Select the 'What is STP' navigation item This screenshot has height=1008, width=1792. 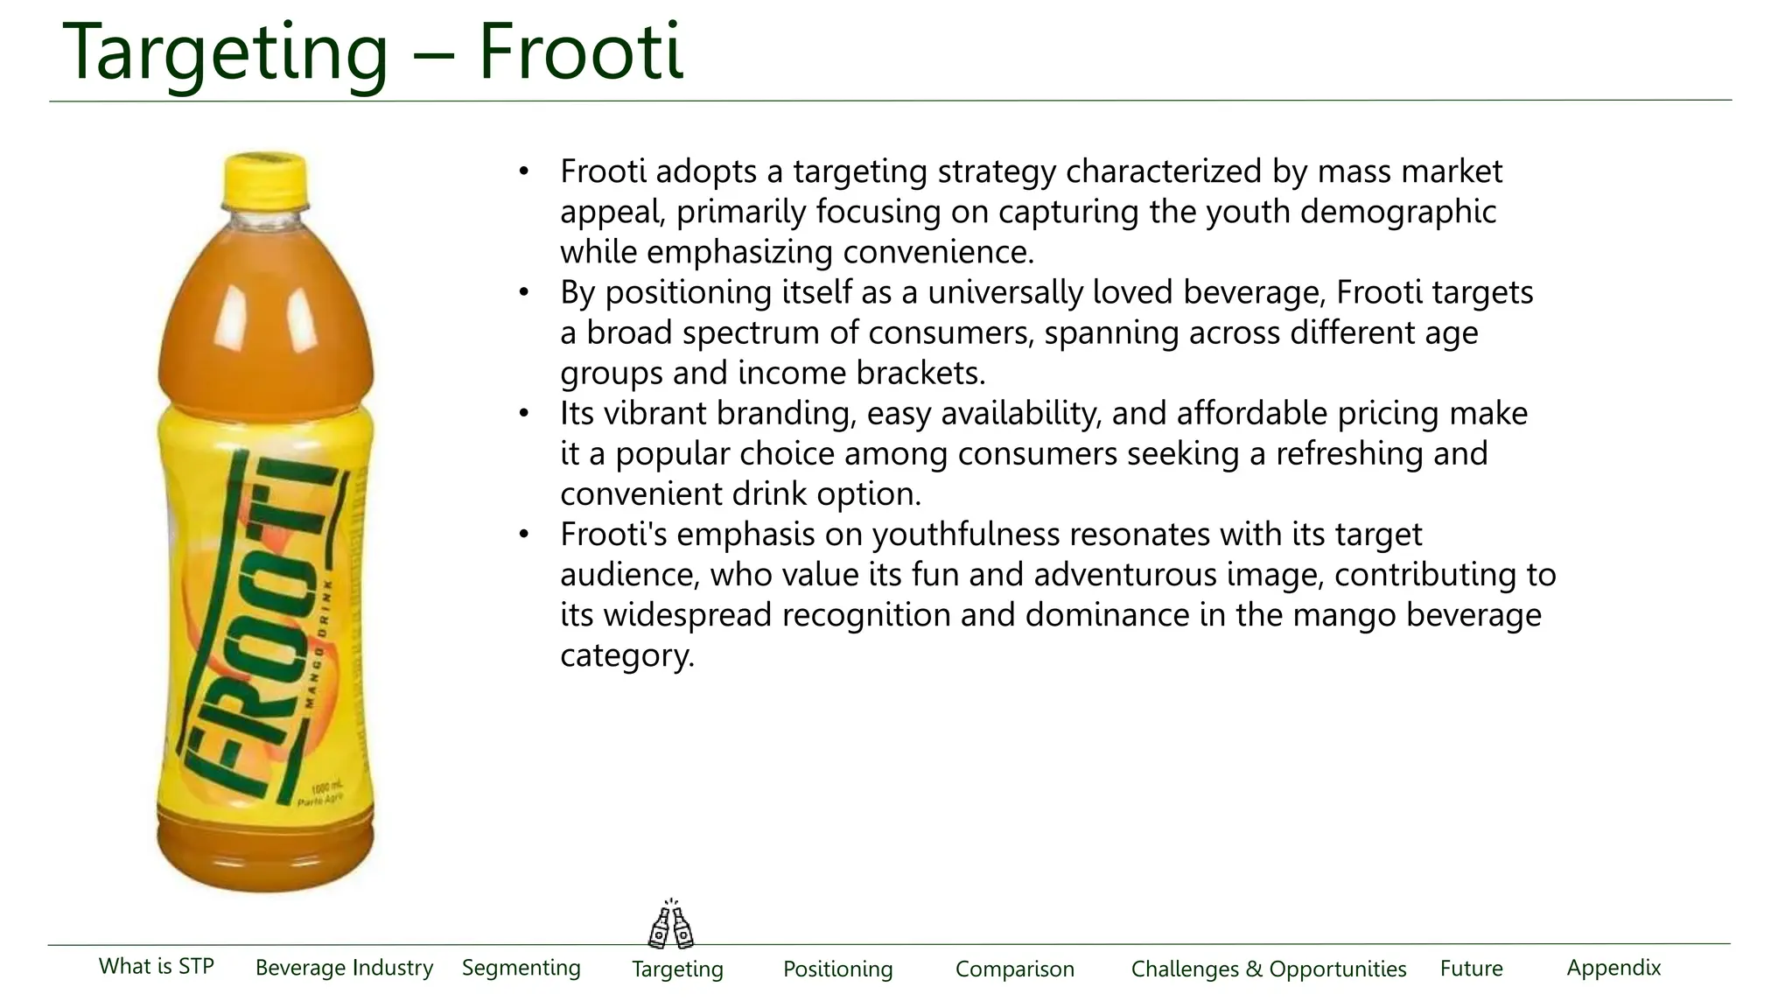coord(157,966)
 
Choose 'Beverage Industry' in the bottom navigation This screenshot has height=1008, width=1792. coord(344,968)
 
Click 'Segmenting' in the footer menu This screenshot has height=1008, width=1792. coord(521,968)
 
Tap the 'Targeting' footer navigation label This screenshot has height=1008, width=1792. coord(678,969)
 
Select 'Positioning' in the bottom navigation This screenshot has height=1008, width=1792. coord(838,969)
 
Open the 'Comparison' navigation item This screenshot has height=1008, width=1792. coord(1015,969)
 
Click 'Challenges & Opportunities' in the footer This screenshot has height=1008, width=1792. coord(1269,969)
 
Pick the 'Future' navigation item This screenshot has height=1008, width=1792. coord(1472,969)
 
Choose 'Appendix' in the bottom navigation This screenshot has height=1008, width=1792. coord(1613,968)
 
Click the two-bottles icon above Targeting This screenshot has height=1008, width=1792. coord(671,925)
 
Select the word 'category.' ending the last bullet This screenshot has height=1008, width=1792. coord(627,655)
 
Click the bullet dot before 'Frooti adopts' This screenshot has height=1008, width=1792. coord(523,171)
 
